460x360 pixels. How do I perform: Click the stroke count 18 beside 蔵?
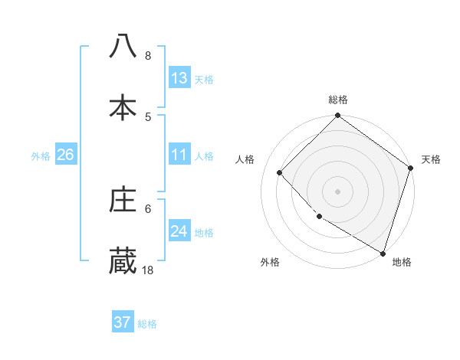click(x=148, y=270)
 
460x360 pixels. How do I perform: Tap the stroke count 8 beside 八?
click(x=148, y=56)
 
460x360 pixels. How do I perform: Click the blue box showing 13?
click(x=179, y=78)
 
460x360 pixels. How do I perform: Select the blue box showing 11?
click(x=179, y=155)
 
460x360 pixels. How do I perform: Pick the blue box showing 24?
click(x=179, y=231)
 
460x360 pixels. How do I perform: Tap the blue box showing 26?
click(x=65, y=155)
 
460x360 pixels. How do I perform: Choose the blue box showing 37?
click(x=123, y=322)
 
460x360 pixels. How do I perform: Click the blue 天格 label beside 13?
click(x=204, y=80)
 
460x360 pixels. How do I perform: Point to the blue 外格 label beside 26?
click(x=41, y=156)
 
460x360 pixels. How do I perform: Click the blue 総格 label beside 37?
click(x=147, y=324)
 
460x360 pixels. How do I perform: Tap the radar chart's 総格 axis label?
click(x=337, y=100)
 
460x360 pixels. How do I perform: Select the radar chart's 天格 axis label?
click(x=431, y=159)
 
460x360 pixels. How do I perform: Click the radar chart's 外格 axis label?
click(x=270, y=263)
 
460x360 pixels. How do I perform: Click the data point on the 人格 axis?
click(x=280, y=172)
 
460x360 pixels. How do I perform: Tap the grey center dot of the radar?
click(x=337, y=191)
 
